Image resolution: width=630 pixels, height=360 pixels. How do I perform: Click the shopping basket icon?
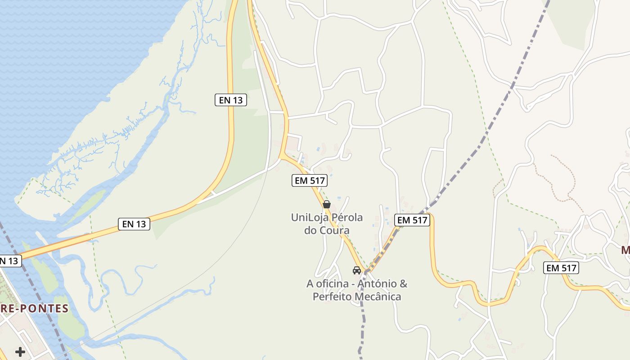click(x=327, y=204)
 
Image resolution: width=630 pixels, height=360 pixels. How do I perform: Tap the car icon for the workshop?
click(x=357, y=270)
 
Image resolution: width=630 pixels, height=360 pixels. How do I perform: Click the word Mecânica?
click(x=378, y=297)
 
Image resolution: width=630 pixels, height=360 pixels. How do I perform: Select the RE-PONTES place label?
click(x=34, y=309)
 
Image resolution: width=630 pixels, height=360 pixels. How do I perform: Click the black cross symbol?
click(x=20, y=351)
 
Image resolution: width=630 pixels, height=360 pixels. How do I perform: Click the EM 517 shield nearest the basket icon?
click(x=309, y=181)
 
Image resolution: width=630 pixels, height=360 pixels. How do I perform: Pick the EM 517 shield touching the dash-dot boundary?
click(x=412, y=220)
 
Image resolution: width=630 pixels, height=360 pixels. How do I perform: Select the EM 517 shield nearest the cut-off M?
click(x=561, y=268)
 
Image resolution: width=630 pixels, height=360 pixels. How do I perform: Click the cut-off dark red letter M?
click(x=625, y=250)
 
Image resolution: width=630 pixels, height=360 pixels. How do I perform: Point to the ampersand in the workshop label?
click(x=403, y=284)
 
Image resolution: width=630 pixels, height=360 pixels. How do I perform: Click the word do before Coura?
click(x=310, y=231)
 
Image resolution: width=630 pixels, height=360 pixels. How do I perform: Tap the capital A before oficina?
click(x=310, y=284)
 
